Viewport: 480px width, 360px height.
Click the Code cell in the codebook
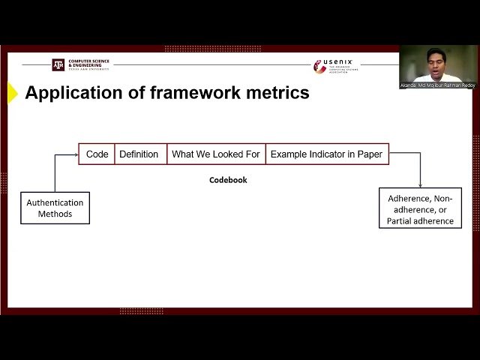[97, 154]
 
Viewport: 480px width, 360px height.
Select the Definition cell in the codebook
[139, 154]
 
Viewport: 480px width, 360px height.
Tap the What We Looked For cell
[215, 154]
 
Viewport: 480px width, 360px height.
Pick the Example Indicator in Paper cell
[326, 154]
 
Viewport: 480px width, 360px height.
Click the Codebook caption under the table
[228, 180]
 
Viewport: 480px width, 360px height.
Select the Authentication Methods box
[55, 208]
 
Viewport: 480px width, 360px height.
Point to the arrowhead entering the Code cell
[76, 154]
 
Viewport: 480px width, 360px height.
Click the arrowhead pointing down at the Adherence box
[420, 184]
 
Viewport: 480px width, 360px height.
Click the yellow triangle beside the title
[12, 93]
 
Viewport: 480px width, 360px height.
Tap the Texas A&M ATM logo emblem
[58, 64]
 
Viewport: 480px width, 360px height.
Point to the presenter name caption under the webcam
[438, 85]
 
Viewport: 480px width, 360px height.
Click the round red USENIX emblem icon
[319, 67]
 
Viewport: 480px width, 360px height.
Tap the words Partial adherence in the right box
[420, 220]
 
